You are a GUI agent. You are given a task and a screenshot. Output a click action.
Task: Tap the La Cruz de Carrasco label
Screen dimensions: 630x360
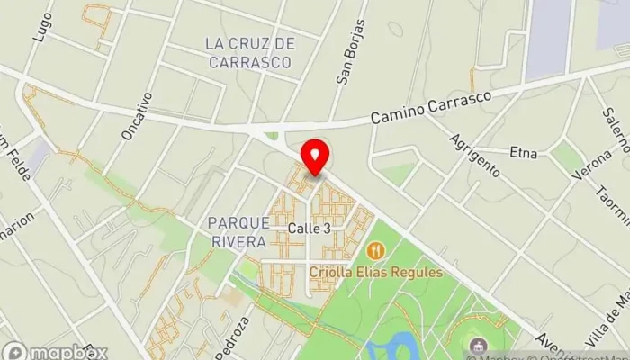pyautogui.click(x=249, y=53)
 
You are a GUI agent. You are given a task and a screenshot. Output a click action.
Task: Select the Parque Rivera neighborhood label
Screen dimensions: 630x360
pyautogui.click(x=237, y=232)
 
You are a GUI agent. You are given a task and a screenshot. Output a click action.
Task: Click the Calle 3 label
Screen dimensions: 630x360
pyautogui.click(x=309, y=229)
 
